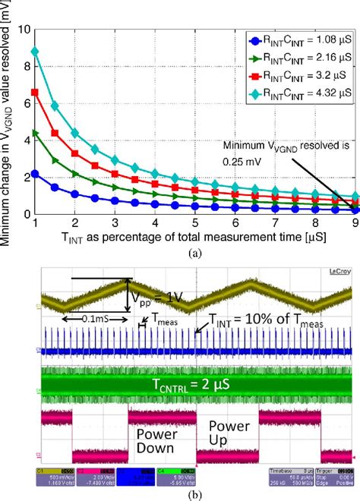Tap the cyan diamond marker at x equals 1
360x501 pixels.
click(x=35, y=52)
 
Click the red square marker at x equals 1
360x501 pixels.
click(x=35, y=92)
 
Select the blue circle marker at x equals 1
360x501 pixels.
click(x=35, y=174)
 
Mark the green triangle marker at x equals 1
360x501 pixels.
click(x=35, y=134)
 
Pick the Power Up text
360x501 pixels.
click(x=226, y=435)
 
